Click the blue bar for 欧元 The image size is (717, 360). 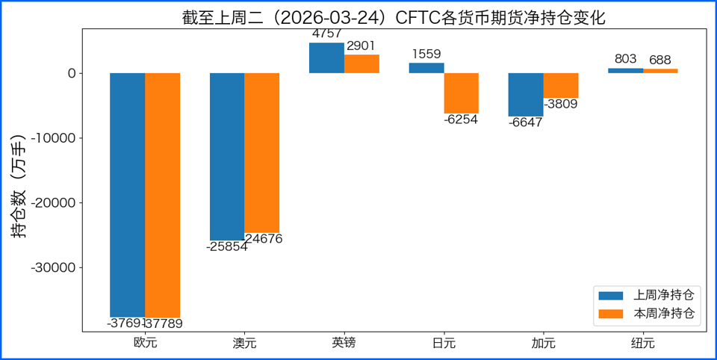pyautogui.click(x=127, y=194)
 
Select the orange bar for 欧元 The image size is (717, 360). pyautogui.click(x=162, y=194)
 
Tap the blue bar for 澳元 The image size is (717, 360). pyautogui.click(x=227, y=156)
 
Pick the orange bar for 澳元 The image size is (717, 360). pyautogui.click(x=261, y=152)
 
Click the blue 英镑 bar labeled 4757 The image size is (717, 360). pyautogui.click(x=326, y=58)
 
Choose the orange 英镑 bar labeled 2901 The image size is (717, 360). pyautogui.click(x=361, y=64)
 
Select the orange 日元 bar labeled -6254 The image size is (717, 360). pyautogui.click(x=461, y=93)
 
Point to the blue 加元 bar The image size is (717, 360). pyautogui.click(x=526, y=94)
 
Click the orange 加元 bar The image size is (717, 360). pyautogui.click(x=561, y=85)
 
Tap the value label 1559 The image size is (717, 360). pyautogui.click(x=426, y=54)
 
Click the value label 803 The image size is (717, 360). pyautogui.click(x=625, y=60)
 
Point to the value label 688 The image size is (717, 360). pyautogui.click(x=660, y=60)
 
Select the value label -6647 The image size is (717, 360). pyautogui.click(x=526, y=123)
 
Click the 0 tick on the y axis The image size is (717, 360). pyautogui.click(x=71, y=73)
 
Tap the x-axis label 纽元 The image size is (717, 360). pyautogui.click(x=642, y=344)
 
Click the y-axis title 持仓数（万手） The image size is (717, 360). pyautogui.click(x=19, y=187)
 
